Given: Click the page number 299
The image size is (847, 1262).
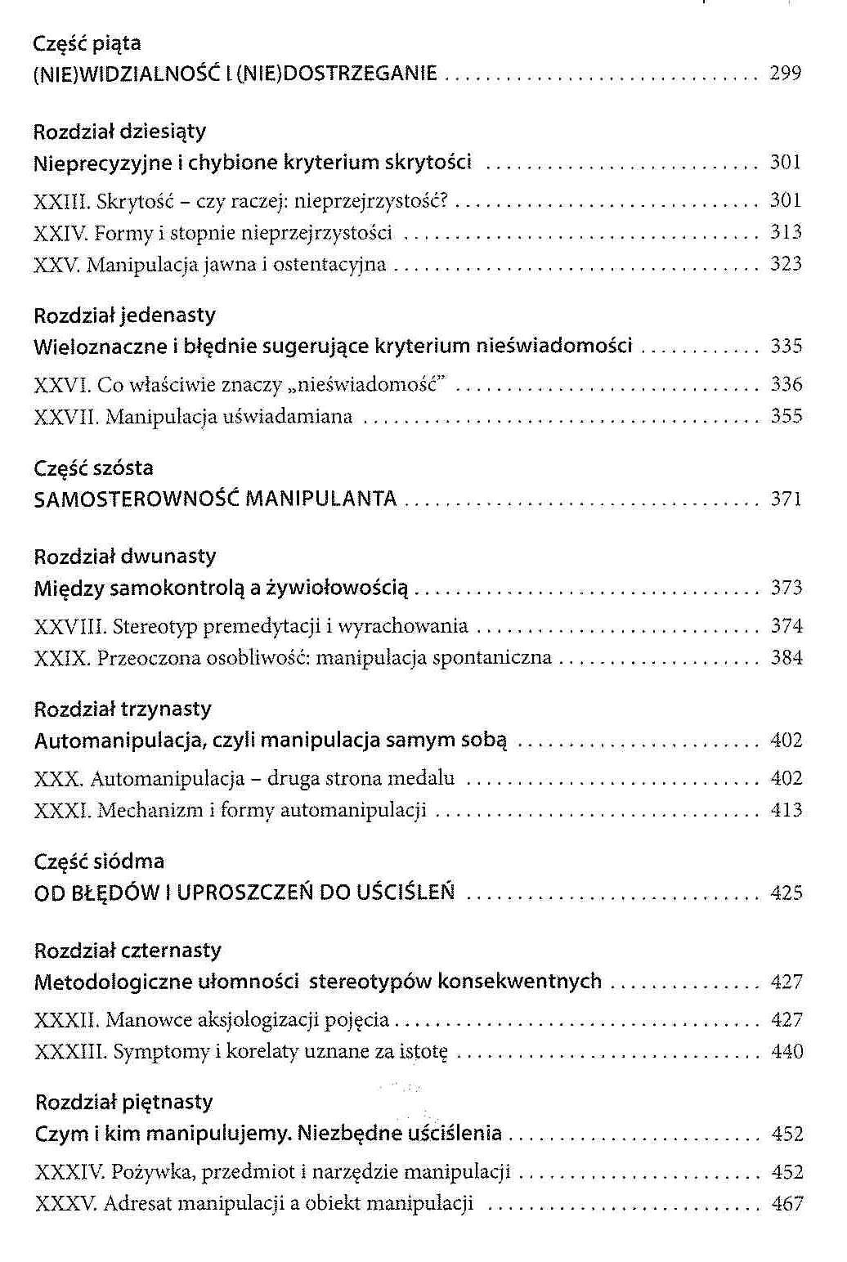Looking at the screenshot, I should (x=785, y=74).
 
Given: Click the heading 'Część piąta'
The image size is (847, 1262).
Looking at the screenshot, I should (x=87, y=43).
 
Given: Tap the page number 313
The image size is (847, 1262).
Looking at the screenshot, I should (x=786, y=233).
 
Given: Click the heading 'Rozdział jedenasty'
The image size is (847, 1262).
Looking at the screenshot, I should (x=124, y=315).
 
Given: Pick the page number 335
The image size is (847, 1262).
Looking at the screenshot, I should (x=786, y=347).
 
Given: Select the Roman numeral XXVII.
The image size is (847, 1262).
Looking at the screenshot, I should (x=66, y=417).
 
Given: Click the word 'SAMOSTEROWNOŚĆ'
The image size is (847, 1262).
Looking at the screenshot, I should (x=136, y=499).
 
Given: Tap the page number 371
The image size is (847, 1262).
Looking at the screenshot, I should (x=786, y=499).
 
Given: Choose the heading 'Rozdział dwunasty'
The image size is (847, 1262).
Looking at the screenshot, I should (x=125, y=557).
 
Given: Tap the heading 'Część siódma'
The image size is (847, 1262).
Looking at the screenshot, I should (x=99, y=861).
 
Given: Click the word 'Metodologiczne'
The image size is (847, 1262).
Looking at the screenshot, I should (x=113, y=982).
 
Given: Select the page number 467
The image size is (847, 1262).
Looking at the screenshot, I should (x=787, y=1204).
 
